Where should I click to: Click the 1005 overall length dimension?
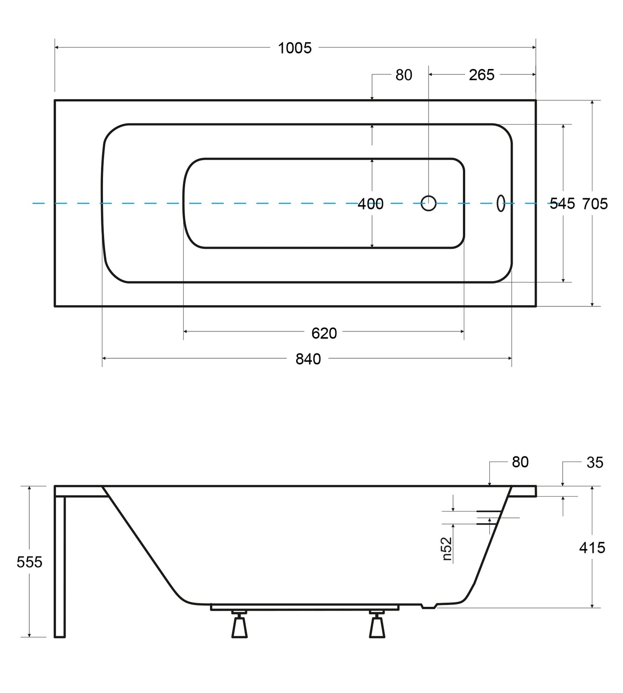click(x=294, y=48)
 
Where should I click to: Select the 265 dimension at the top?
click(x=482, y=75)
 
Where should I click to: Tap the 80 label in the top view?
click(x=404, y=75)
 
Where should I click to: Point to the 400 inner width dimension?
click(x=370, y=204)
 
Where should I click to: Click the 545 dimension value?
click(x=562, y=203)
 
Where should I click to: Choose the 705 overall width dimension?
click(x=595, y=203)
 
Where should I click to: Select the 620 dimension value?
click(x=324, y=333)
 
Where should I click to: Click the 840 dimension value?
click(x=308, y=359)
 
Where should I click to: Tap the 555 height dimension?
click(x=29, y=562)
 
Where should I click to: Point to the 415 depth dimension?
click(x=592, y=548)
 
